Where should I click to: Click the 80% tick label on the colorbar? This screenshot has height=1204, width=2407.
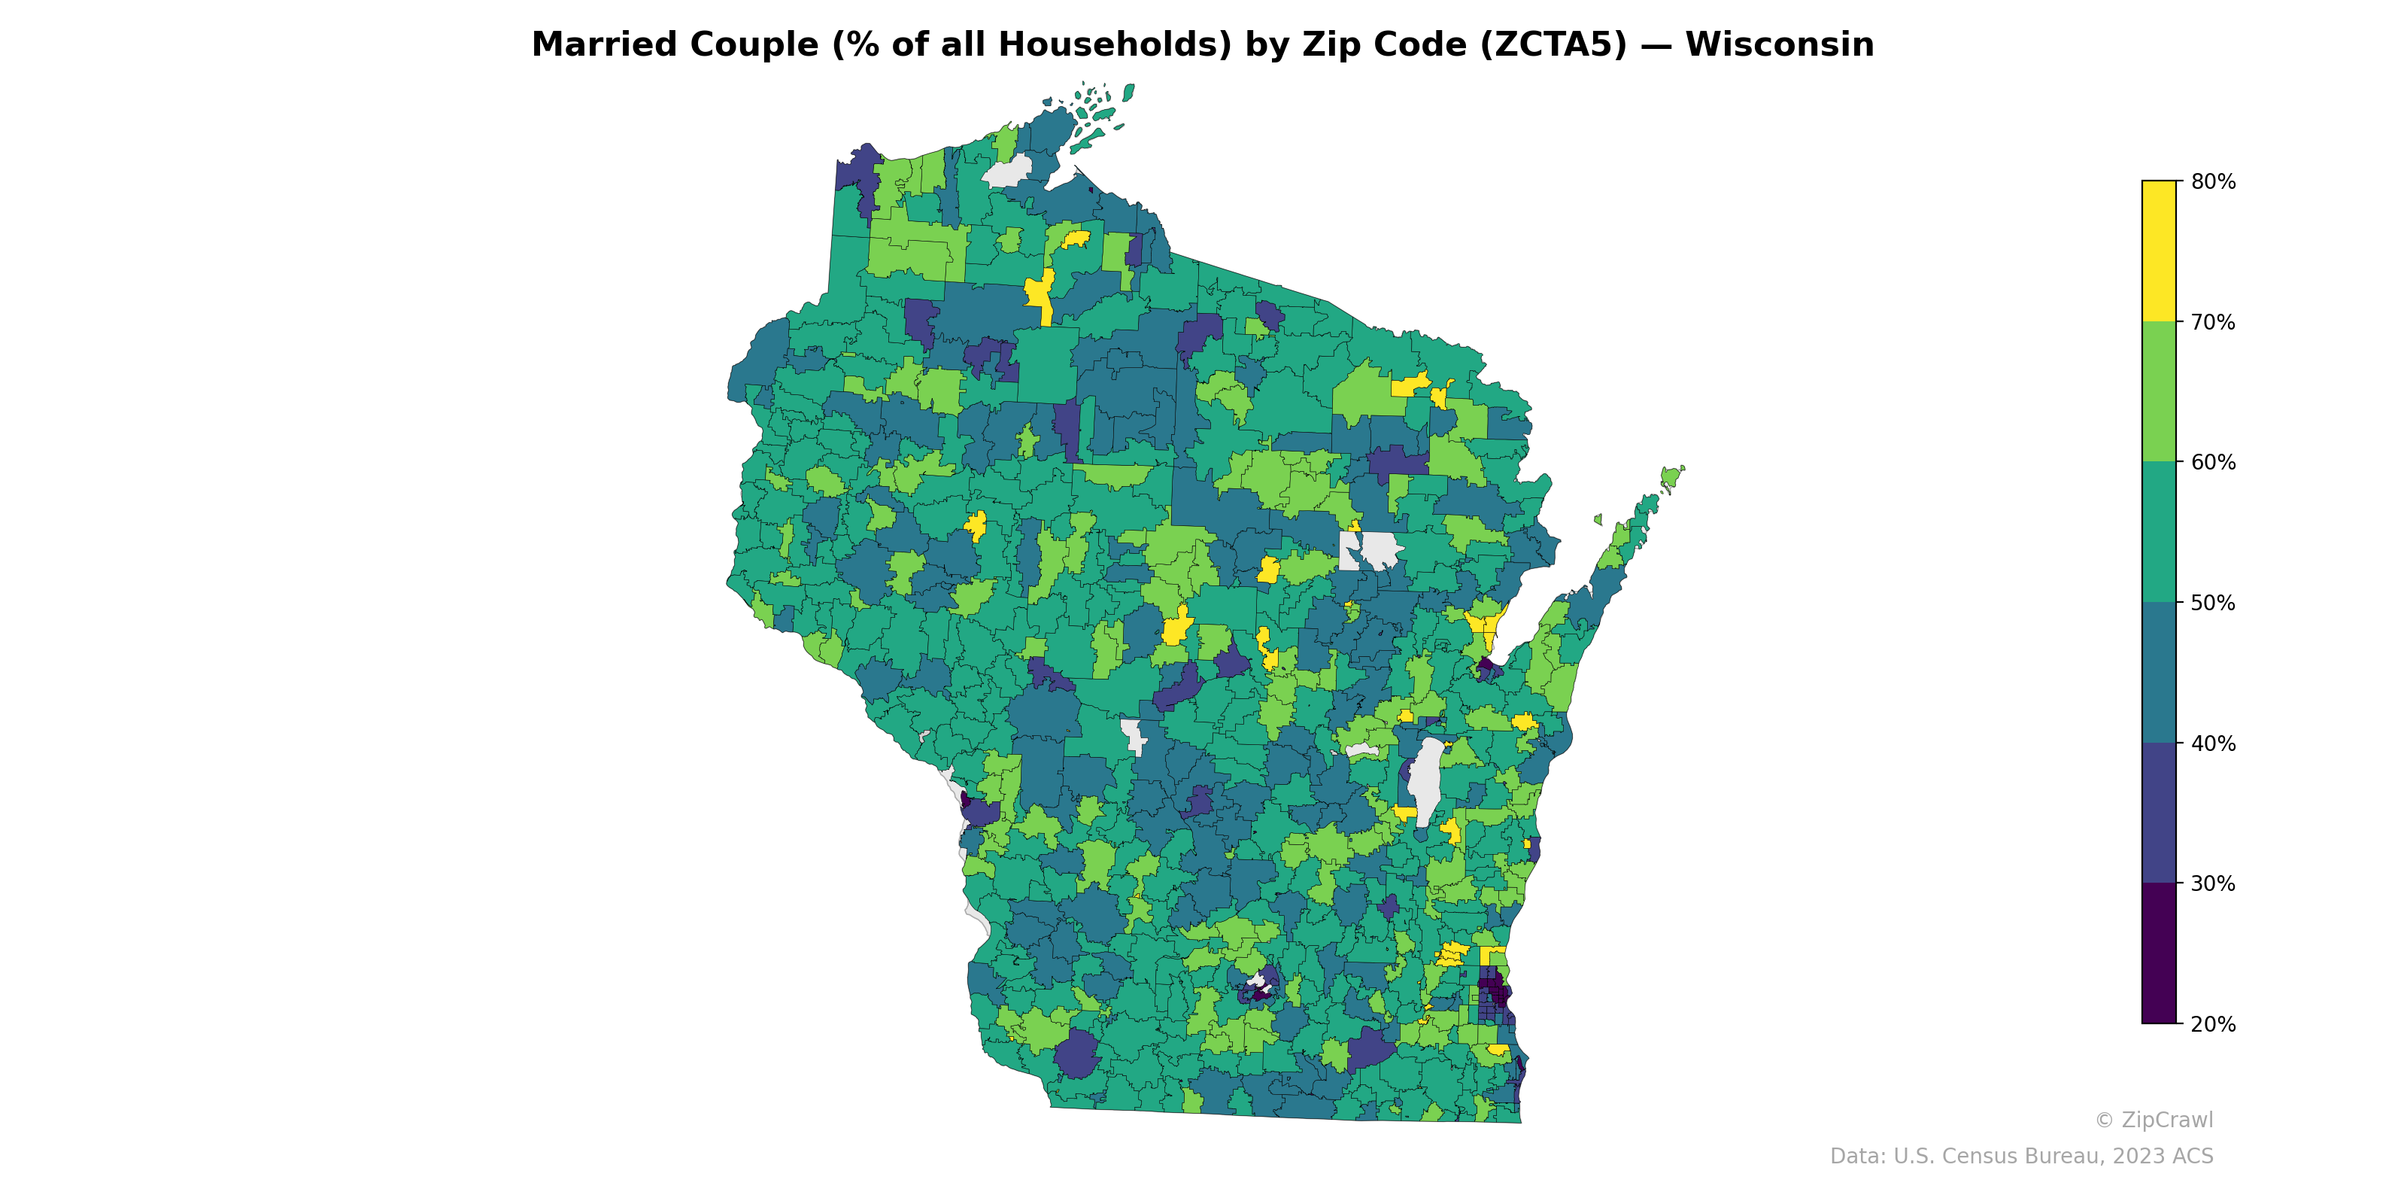2213,182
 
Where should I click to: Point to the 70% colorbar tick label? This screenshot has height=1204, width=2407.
2213,323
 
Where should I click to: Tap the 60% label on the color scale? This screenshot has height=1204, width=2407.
2213,463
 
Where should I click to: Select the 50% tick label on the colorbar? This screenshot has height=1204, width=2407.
2213,603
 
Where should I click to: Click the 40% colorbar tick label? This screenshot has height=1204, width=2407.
2213,744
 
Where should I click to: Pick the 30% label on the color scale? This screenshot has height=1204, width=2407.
2213,884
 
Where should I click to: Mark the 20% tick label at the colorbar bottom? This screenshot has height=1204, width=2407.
2213,1024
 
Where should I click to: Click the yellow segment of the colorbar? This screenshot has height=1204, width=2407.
2159,251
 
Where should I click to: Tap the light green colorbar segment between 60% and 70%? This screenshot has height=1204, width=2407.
2159,391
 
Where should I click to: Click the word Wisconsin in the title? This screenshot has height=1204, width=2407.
1779,45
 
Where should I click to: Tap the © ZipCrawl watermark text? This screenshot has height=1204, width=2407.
2154,1120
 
